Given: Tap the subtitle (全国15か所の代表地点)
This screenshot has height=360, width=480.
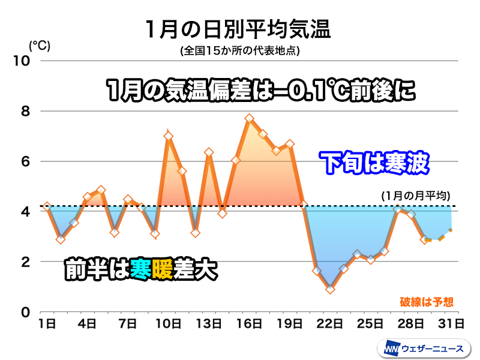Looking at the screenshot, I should click(x=239, y=51).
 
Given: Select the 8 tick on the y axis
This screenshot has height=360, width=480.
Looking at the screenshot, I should click(x=26, y=111).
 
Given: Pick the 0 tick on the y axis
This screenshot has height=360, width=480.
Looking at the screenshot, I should click(x=26, y=312).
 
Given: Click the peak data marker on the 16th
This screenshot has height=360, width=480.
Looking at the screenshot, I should click(x=250, y=119).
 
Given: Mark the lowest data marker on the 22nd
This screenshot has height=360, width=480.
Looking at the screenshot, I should click(x=330, y=289).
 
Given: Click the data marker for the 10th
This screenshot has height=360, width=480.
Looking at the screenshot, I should click(x=169, y=136).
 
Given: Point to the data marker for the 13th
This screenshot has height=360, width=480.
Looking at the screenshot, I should click(x=209, y=152).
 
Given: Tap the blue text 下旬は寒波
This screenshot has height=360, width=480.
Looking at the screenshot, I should click(x=374, y=163).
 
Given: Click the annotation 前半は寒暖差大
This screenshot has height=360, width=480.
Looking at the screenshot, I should click(x=140, y=270).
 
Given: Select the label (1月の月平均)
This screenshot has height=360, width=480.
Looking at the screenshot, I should click(x=416, y=196).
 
